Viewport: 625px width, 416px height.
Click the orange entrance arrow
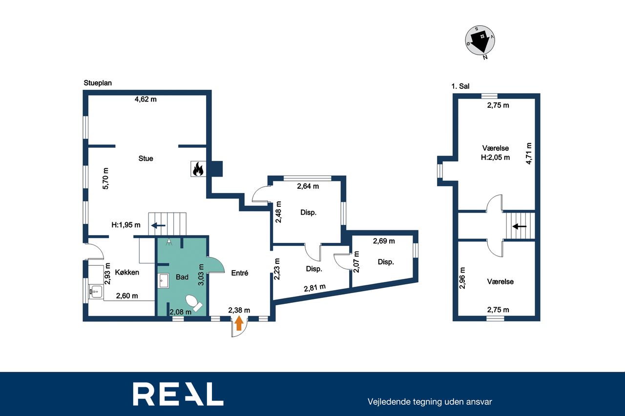(239, 323)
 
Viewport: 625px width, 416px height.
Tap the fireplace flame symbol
(198, 169)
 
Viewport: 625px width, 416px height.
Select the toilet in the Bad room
(194, 303)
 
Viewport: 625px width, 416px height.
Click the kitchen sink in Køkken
(95, 292)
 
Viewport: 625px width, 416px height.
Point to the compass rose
(480, 40)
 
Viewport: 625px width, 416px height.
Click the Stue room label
(146, 158)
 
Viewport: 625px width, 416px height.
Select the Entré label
(240, 273)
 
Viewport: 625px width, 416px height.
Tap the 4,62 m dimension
(146, 99)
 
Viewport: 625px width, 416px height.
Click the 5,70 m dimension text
(105, 178)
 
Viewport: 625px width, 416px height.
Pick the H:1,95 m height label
(126, 225)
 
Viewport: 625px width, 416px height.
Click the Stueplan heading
(98, 83)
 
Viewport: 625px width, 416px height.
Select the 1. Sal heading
(460, 86)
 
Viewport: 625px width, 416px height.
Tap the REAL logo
(178, 394)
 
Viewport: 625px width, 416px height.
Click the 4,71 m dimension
(529, 154)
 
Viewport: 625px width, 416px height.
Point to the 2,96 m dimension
(462, 278)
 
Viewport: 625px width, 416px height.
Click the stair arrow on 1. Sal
(520, 226)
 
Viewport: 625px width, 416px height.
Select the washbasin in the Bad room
(164, 280)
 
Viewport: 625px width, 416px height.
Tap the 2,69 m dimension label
(384, 241)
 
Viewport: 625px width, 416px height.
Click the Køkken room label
(127, 272)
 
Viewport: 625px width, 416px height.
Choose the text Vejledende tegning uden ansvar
(430, 402)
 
